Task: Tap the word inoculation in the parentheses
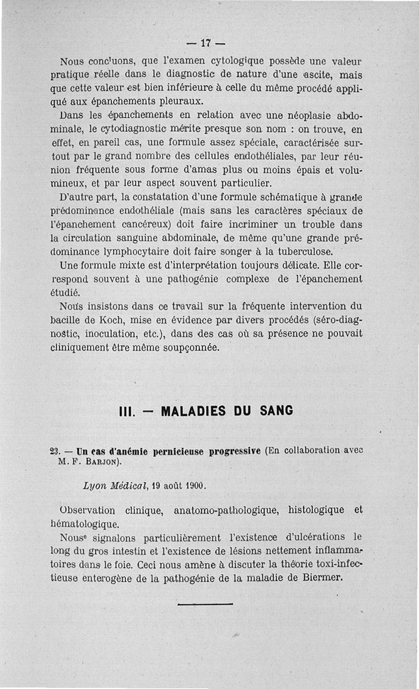tap(123, 334)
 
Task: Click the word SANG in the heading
tap(277, 411)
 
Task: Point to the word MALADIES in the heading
tap(192, 411)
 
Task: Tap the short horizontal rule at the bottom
tap(205, 604)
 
